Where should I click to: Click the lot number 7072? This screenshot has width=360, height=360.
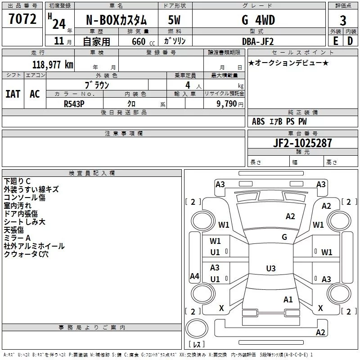click(22, 19)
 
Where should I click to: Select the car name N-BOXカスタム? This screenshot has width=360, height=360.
click(116, 20)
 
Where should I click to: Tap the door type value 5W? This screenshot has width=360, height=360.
click(174, 20)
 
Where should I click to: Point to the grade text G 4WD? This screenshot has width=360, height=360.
click(258, 20)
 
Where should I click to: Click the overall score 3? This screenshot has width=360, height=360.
click(343, 21)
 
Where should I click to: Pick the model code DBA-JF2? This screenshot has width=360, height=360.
click(258, 41)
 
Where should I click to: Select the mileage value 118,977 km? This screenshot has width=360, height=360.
click(53, 65)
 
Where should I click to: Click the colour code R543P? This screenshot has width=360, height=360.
click(74, 104)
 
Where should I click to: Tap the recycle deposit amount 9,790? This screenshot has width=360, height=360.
click(227, 104)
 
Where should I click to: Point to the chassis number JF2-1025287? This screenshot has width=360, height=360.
click(302, 143)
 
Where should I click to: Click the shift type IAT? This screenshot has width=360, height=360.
click(13, 94)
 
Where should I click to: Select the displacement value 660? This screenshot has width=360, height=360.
click(139, 41)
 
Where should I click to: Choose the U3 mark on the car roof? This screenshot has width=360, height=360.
click(271, 268)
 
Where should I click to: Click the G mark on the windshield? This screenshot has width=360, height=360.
click(284, 237)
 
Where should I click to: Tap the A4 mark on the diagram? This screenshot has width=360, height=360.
click(194, 276)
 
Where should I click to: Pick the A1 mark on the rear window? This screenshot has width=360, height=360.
click(288, 300)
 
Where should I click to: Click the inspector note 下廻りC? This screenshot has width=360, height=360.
click(17, 181)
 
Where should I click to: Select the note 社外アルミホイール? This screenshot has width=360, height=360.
click(34, 246)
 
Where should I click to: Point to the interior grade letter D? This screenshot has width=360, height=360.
click(350, 41)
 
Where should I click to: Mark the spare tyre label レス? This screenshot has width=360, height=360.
click(197, 344)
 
